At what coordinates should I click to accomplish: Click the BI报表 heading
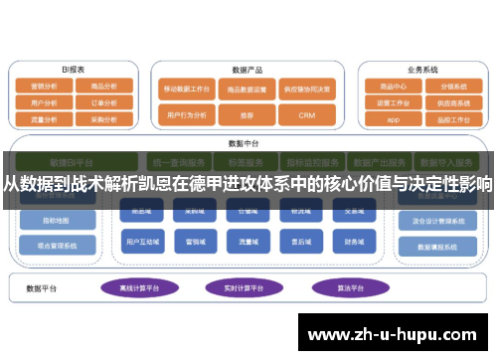[x=73, y=70]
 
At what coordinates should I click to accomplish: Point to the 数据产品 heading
[x=247, y=71]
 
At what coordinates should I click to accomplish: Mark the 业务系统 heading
[x=421, y=70]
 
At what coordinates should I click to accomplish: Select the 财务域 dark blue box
[x=354, y=241]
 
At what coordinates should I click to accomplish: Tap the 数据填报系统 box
[x=428, y=246]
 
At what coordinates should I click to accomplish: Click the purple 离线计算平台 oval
[x=140, y=288]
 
